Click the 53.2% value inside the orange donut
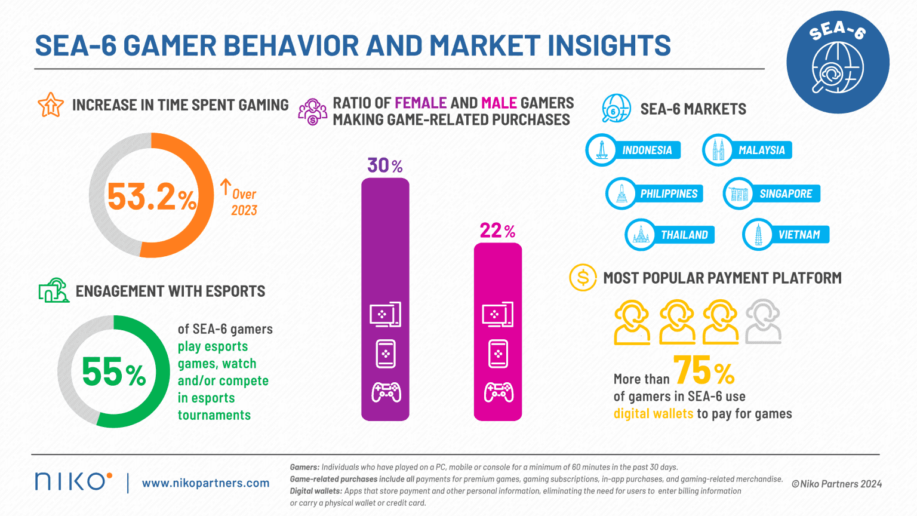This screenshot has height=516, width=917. click(x=152, y=196)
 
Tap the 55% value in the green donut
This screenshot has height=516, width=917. click(x=113, y=372)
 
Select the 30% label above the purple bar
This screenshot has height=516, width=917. click(x=384, y=165)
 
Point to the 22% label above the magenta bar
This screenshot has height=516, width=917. click(x=497, y=231)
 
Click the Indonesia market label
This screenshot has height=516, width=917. click(x=647, y=150)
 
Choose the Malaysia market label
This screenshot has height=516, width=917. click(x=761, y=150)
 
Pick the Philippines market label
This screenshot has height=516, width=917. click(x=668, y=194)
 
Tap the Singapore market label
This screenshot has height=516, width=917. click(x=785, y=194)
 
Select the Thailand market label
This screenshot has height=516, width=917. click(x=684, y=235)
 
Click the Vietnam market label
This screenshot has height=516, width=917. click(x=799, y=235)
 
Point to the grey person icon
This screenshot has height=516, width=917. click(x=763, y=322)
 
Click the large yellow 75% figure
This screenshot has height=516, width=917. click(x=704, y=371)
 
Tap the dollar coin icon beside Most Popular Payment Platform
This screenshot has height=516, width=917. click(x=583, y=278)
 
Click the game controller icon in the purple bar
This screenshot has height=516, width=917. click(x=386, y=393)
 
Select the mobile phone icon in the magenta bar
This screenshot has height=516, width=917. click(x=498, y=354)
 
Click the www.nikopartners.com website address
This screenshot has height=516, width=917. click(x=205, y=483)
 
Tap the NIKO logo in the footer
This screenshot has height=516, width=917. click(x=73, y=481)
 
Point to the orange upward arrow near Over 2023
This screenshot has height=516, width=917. click(x=225, y=187)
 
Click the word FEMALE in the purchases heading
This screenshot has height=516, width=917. click(x=420, y=103)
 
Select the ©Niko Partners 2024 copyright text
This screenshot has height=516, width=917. click(x=836, y=484)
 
